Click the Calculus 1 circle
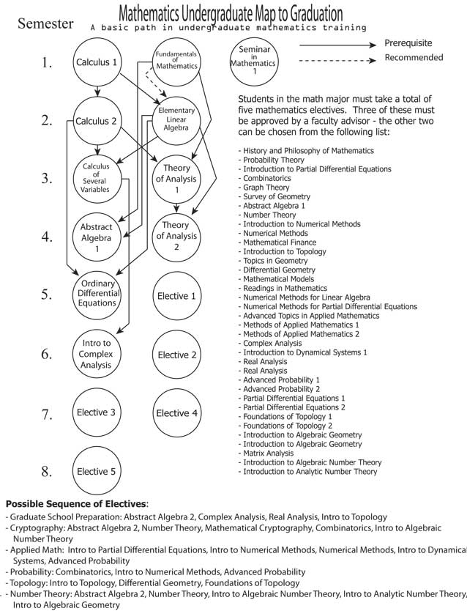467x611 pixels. [97, 62]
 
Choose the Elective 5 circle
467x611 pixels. [97, 471]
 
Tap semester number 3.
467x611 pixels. [46, 178]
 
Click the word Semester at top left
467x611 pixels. [45, 23]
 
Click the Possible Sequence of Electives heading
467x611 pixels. [76, 504]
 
